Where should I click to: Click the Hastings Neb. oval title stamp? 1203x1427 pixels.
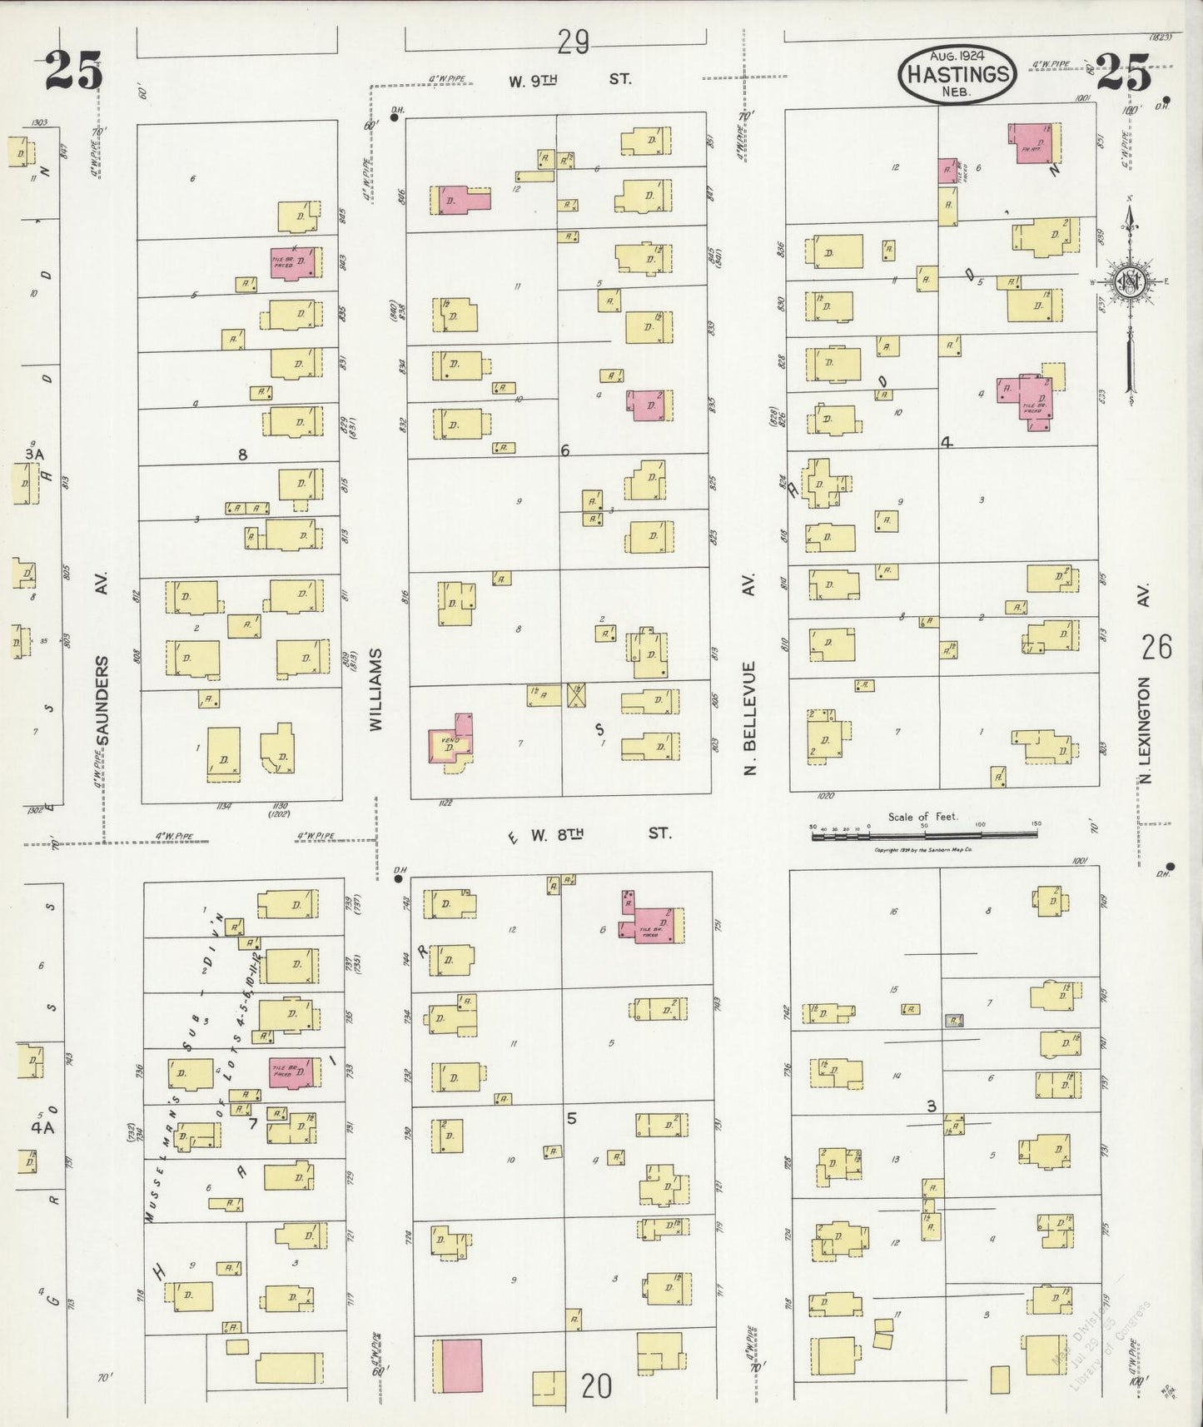pyautogui.click(x=957, y=73)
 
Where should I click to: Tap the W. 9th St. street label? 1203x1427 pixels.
pyautogui.click(x=569, y=80)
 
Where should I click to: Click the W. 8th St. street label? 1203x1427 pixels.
pyautogui.click(x=599, y=833)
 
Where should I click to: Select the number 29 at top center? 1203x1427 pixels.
pyautogui.click(x=574, y=42)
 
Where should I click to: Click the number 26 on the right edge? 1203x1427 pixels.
pyautogui.click(x=1156, y=647)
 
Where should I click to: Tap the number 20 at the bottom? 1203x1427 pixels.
pyautogui.click(x=596, y=1386)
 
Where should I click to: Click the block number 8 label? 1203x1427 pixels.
pyautogui.click(x=242, y=455)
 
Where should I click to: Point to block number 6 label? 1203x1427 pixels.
pyautogui.click(x=564, y=450)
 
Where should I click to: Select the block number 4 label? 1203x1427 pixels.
pyautogui.click(x=946, y=443)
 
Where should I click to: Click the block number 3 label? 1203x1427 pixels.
pyautogui.click(x=932, y=1106)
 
